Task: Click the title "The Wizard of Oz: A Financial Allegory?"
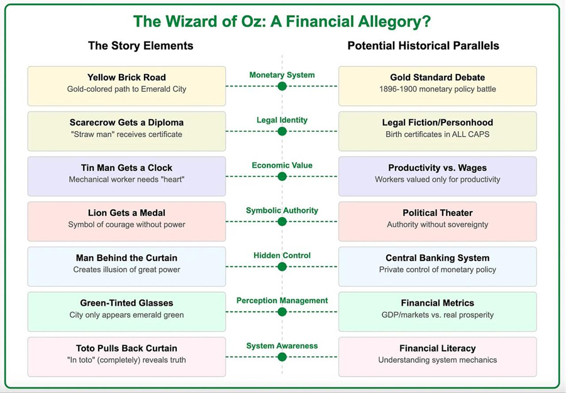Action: point(282,21)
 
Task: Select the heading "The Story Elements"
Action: point(140,46)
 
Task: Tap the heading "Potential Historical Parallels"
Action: point(423,46)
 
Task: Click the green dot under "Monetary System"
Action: point(282,86)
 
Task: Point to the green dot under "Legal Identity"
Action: point(282,131)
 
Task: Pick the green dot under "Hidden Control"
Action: point(282,267)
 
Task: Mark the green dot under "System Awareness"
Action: point(282,357)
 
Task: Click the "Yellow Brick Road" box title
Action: point(126,77)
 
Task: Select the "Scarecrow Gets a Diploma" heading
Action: point(126,122)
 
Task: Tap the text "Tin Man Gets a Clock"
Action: point(126,168)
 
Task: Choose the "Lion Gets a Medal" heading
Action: point(126,213)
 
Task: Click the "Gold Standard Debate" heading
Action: point(437,77)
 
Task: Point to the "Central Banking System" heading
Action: point(437,258)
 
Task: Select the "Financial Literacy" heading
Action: point(437,348)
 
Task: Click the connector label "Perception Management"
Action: point(282,301)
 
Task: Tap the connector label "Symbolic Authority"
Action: point(282,210)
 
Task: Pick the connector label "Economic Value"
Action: point(282,165)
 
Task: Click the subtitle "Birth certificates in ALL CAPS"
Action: point(437,134)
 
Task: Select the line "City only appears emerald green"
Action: point(126,315)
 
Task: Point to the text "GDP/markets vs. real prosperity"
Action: point(437,315)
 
